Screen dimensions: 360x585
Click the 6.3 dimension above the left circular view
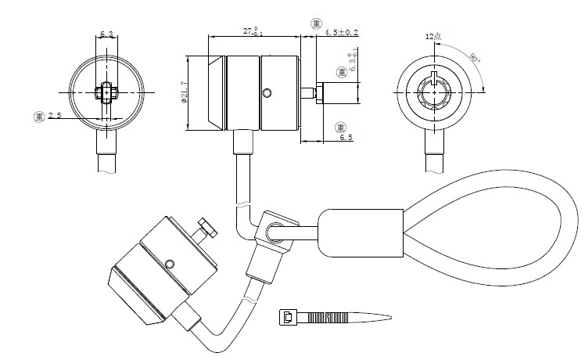107,34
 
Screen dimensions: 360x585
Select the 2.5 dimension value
55,116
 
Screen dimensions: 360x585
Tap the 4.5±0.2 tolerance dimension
341,32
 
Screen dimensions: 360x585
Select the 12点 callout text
433,37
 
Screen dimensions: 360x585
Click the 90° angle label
474,58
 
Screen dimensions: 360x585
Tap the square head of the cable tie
288,317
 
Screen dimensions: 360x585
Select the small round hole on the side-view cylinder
268,95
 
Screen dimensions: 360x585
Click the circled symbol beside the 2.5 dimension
38,116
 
